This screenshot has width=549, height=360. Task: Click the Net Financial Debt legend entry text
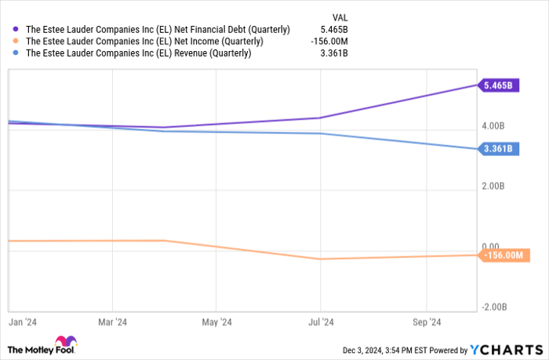point(158,29)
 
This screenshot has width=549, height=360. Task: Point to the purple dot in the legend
point(16,29)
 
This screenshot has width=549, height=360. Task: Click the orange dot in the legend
point(16,42)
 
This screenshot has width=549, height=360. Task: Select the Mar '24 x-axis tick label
point(112,322)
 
